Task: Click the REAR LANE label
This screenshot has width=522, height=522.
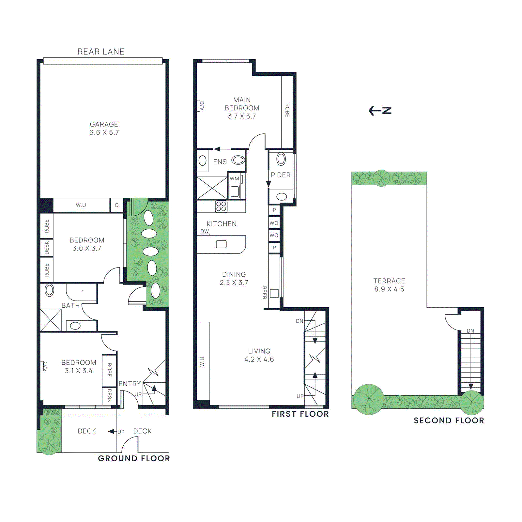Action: [101, 52]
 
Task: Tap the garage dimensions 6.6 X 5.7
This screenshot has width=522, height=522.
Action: [104, 132]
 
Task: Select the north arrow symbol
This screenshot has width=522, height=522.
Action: [380, 111]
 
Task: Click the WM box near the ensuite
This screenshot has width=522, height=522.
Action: [235, 179]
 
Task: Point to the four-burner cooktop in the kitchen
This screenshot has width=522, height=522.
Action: [221, 206]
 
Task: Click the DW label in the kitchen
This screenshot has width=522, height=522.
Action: [205, 231]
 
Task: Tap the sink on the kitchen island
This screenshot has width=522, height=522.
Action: [221, 244]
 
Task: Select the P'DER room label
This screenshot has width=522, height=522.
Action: [281, 175]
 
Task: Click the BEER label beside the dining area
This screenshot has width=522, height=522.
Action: [265, 293]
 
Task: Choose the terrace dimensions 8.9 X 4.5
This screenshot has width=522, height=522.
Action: [389, 289]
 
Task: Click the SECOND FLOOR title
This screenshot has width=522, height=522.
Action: [449, 421]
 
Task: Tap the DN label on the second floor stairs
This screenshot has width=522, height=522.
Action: [470, 331]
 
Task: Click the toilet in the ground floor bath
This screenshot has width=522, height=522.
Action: [49, 290]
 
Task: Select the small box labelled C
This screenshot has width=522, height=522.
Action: [116, 205]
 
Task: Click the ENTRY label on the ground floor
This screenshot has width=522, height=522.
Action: [130, 384]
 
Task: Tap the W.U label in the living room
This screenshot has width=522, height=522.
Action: [202, 362]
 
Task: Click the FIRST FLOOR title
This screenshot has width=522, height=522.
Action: [300, 414]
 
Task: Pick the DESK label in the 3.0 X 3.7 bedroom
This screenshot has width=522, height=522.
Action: [47, 248]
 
